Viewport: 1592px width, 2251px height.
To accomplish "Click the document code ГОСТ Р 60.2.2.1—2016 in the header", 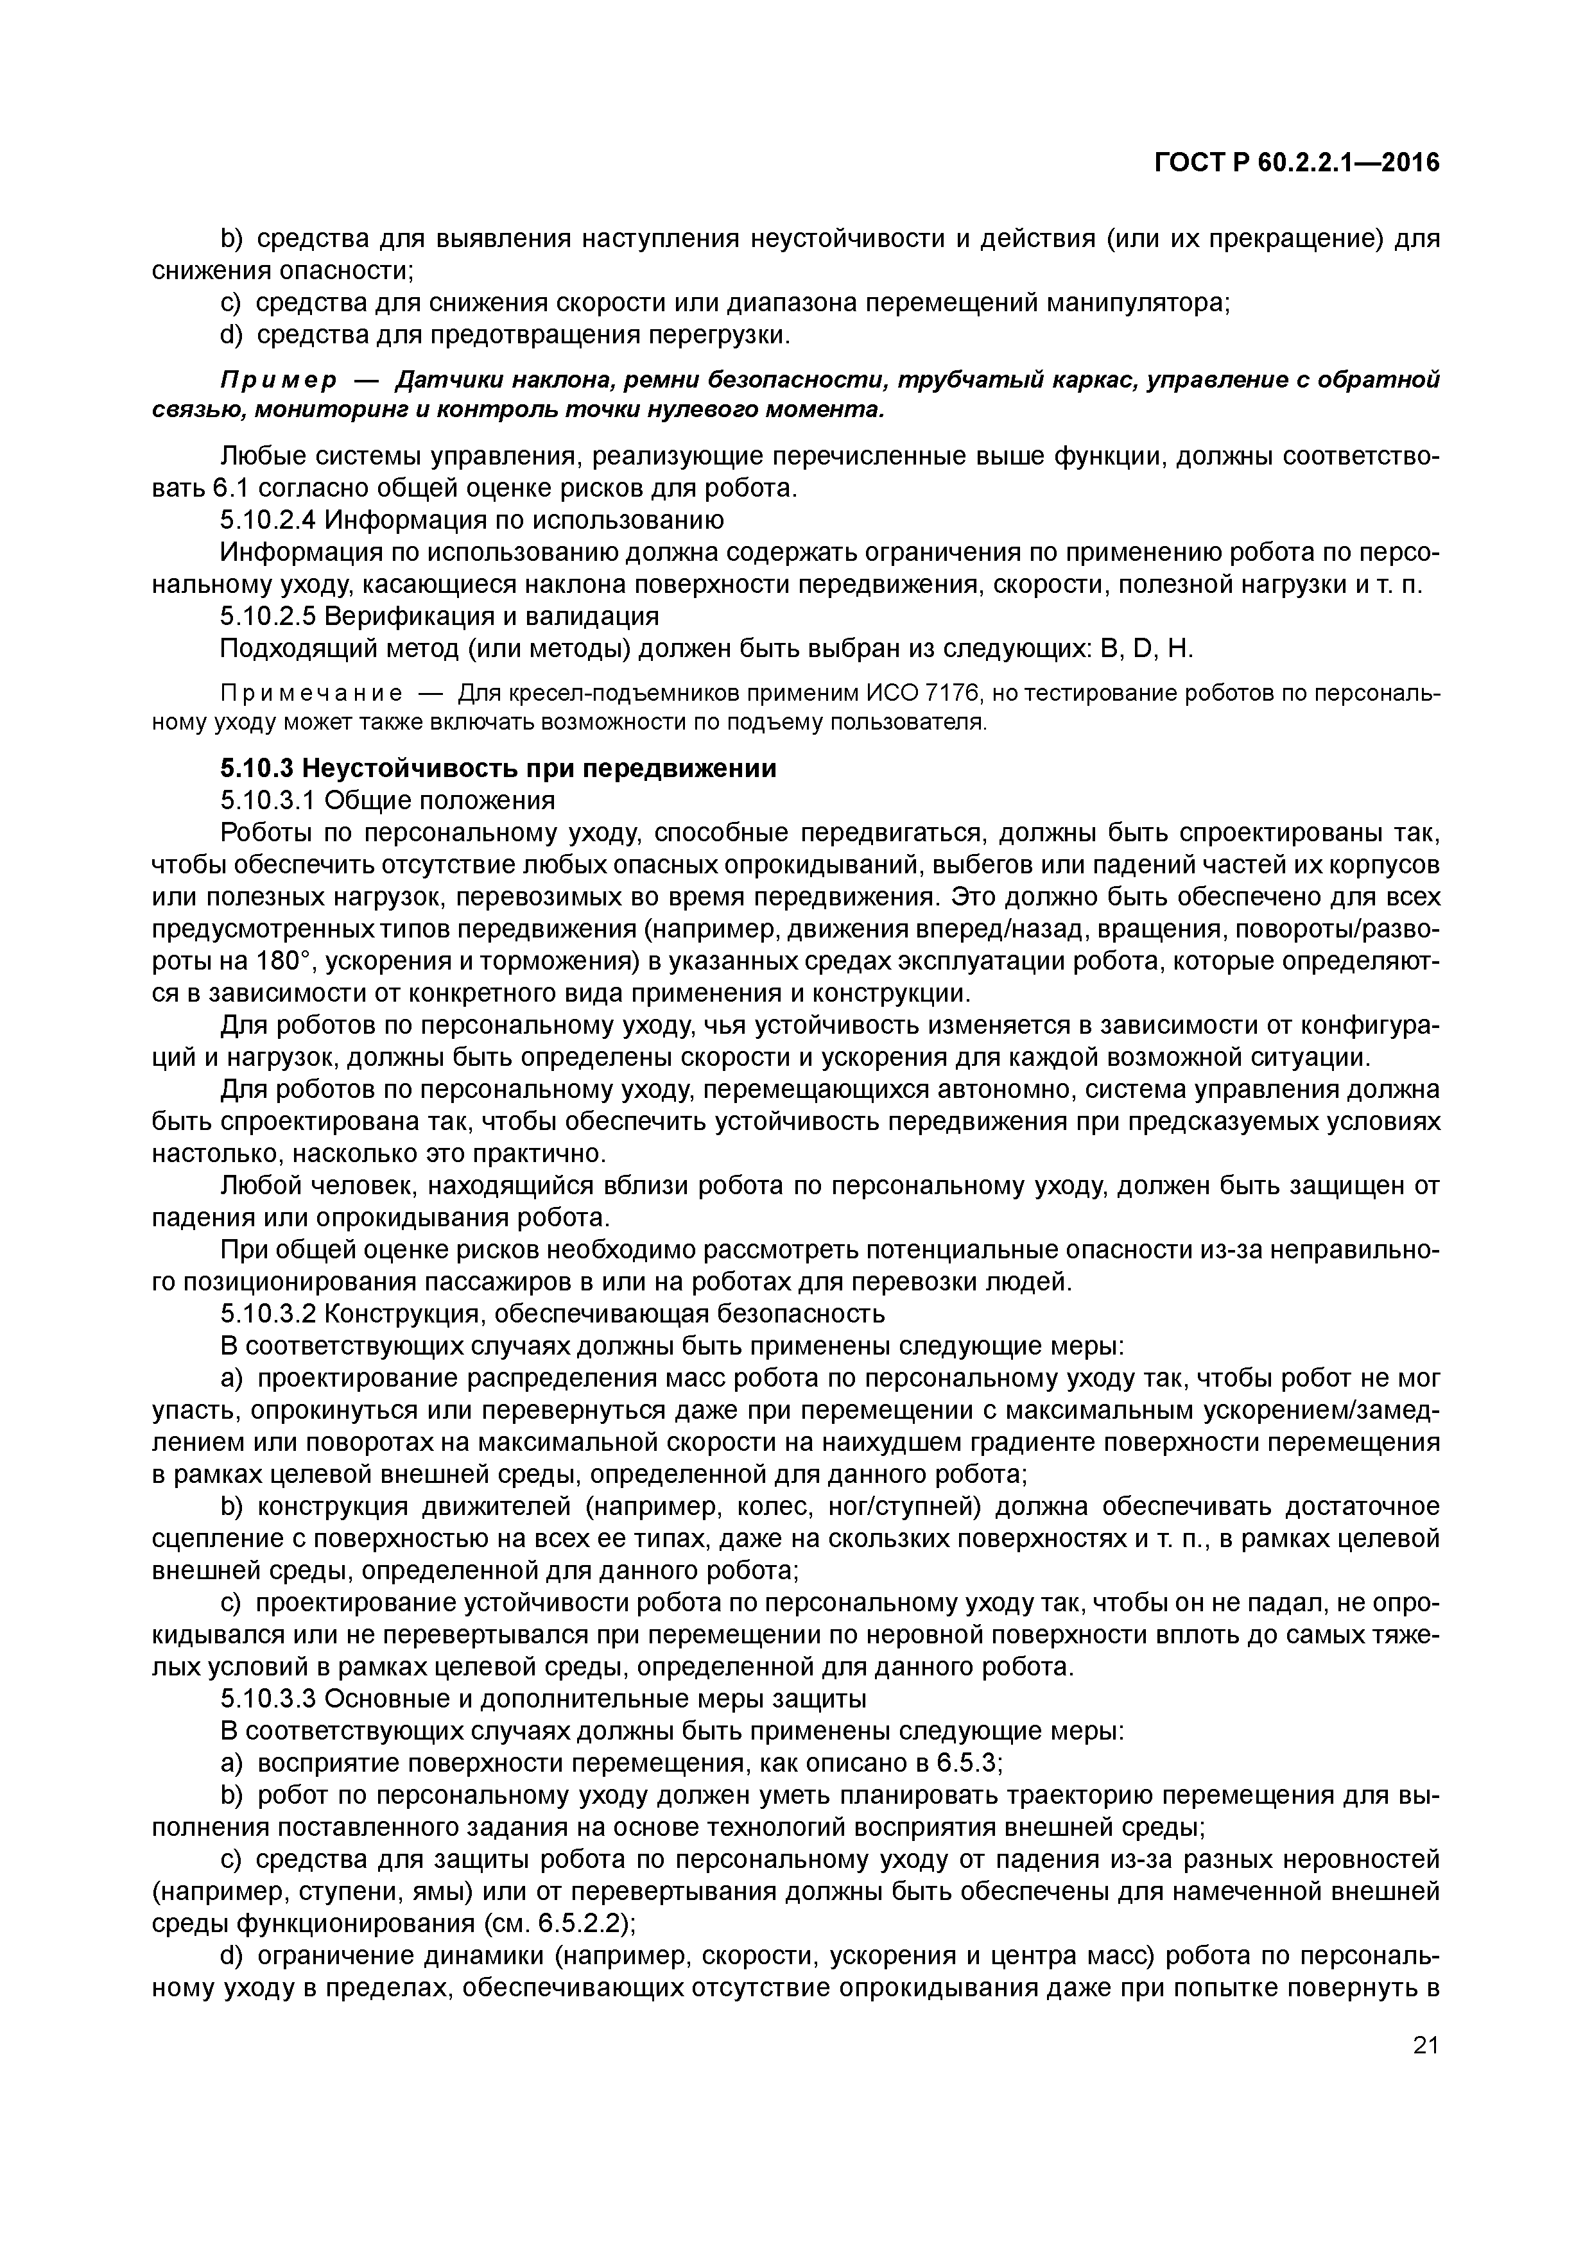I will point(1296,164).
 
